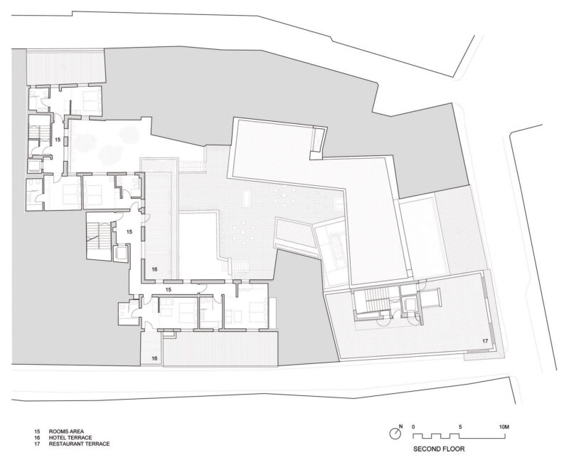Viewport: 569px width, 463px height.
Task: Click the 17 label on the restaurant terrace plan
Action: (485, 341)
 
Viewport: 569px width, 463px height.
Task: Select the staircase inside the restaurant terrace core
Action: (377, 301)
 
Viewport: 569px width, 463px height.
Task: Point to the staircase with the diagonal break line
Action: (98, 236)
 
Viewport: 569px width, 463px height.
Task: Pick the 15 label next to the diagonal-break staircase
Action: (129, 231)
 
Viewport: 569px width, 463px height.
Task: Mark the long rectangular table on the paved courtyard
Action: (247, 198)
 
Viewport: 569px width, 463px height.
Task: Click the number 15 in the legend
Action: (38, 432)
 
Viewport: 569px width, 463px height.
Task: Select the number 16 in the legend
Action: (38, 438)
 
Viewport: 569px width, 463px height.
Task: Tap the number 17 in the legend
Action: (38, 444)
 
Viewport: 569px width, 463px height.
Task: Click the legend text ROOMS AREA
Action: (66, 432)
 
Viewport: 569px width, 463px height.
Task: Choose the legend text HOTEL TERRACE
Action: (70, 438)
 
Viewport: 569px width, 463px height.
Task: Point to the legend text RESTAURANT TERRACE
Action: (79, 444)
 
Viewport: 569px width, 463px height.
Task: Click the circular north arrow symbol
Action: (395, 433)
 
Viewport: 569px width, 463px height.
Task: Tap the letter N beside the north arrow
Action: (401, 426)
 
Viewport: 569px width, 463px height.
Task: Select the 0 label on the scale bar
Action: (414, 427)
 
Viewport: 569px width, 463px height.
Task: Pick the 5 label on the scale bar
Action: (460, 427)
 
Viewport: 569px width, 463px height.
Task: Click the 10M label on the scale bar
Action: (504, 427)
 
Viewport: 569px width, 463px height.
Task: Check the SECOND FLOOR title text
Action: (439, 449)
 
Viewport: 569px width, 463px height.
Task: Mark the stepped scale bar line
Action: (459, 436)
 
